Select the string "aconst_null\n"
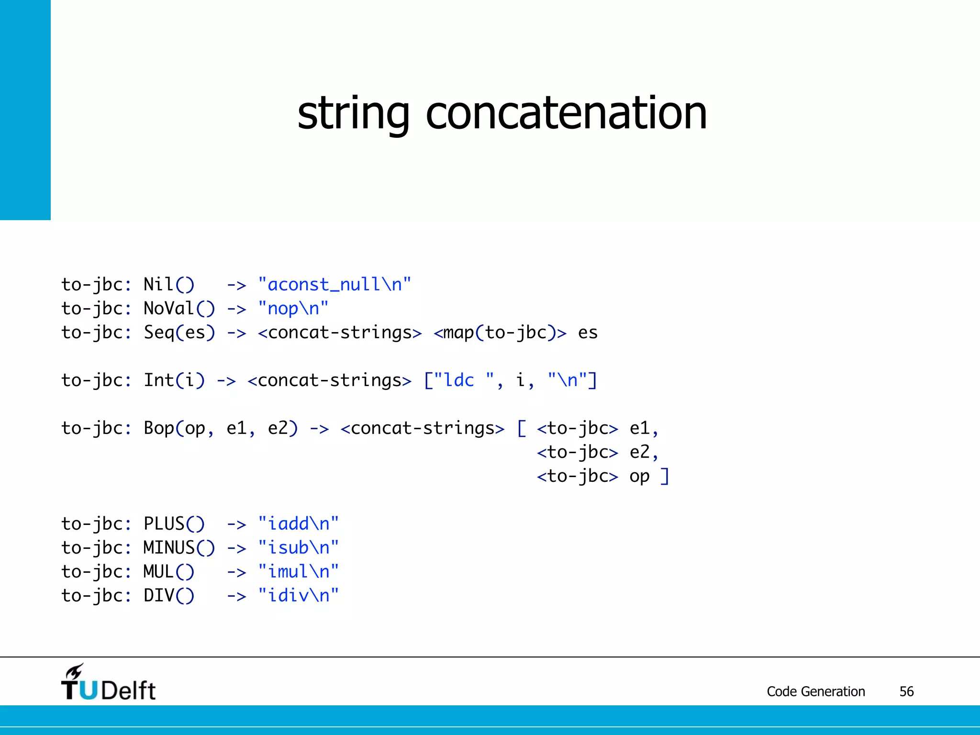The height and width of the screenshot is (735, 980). (x=334, y=285)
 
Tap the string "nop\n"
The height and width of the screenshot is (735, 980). (x=293, y=309)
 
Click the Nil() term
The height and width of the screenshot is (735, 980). (x=169, y=285)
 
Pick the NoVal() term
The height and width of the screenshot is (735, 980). (x=179, y=309)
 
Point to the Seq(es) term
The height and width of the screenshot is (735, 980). (x=179, y=333)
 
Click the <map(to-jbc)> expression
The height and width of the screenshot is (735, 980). (x=500, y=333)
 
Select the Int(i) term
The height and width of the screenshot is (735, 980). (x=174, y=380)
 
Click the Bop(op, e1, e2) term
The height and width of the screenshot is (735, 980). (x=221, y=428)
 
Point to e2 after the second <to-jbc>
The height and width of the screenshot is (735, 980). (x=640, y=452)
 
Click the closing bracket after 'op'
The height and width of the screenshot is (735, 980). (x=665, y=476)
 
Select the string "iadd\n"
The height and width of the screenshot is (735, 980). (x=298, y=524)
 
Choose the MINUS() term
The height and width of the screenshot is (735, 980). (x=179, y=548)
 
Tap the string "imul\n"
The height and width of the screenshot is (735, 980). (x=298, y=572)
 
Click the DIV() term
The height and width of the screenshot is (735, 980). (x=169, y=596)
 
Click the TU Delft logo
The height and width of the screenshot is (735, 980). (x=108, y=683)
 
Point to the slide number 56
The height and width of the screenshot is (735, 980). (x=906, y=691)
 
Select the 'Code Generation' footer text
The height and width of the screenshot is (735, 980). (x=816, y=691)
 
